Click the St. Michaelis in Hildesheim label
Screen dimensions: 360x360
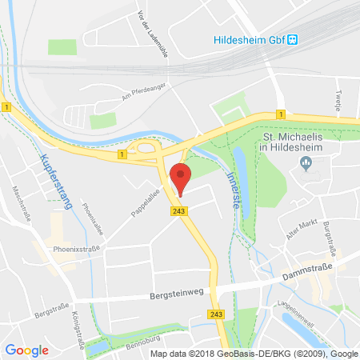click(x=304, y=142)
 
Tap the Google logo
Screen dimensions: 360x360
click(x=26, y=350)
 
